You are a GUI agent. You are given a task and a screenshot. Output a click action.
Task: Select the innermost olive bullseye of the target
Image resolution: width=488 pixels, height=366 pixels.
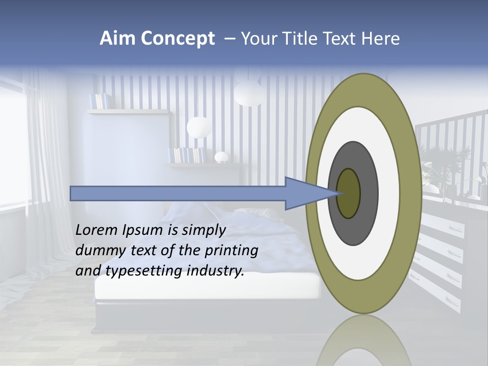click(349, 193)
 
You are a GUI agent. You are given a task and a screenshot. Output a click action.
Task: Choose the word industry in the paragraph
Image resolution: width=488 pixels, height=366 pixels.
click(216, 271)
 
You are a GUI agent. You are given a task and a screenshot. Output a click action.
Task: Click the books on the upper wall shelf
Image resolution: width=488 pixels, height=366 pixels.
click(99, 101)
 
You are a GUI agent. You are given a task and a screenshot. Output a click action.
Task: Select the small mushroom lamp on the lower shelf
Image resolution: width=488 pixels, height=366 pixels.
click(221, 157)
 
